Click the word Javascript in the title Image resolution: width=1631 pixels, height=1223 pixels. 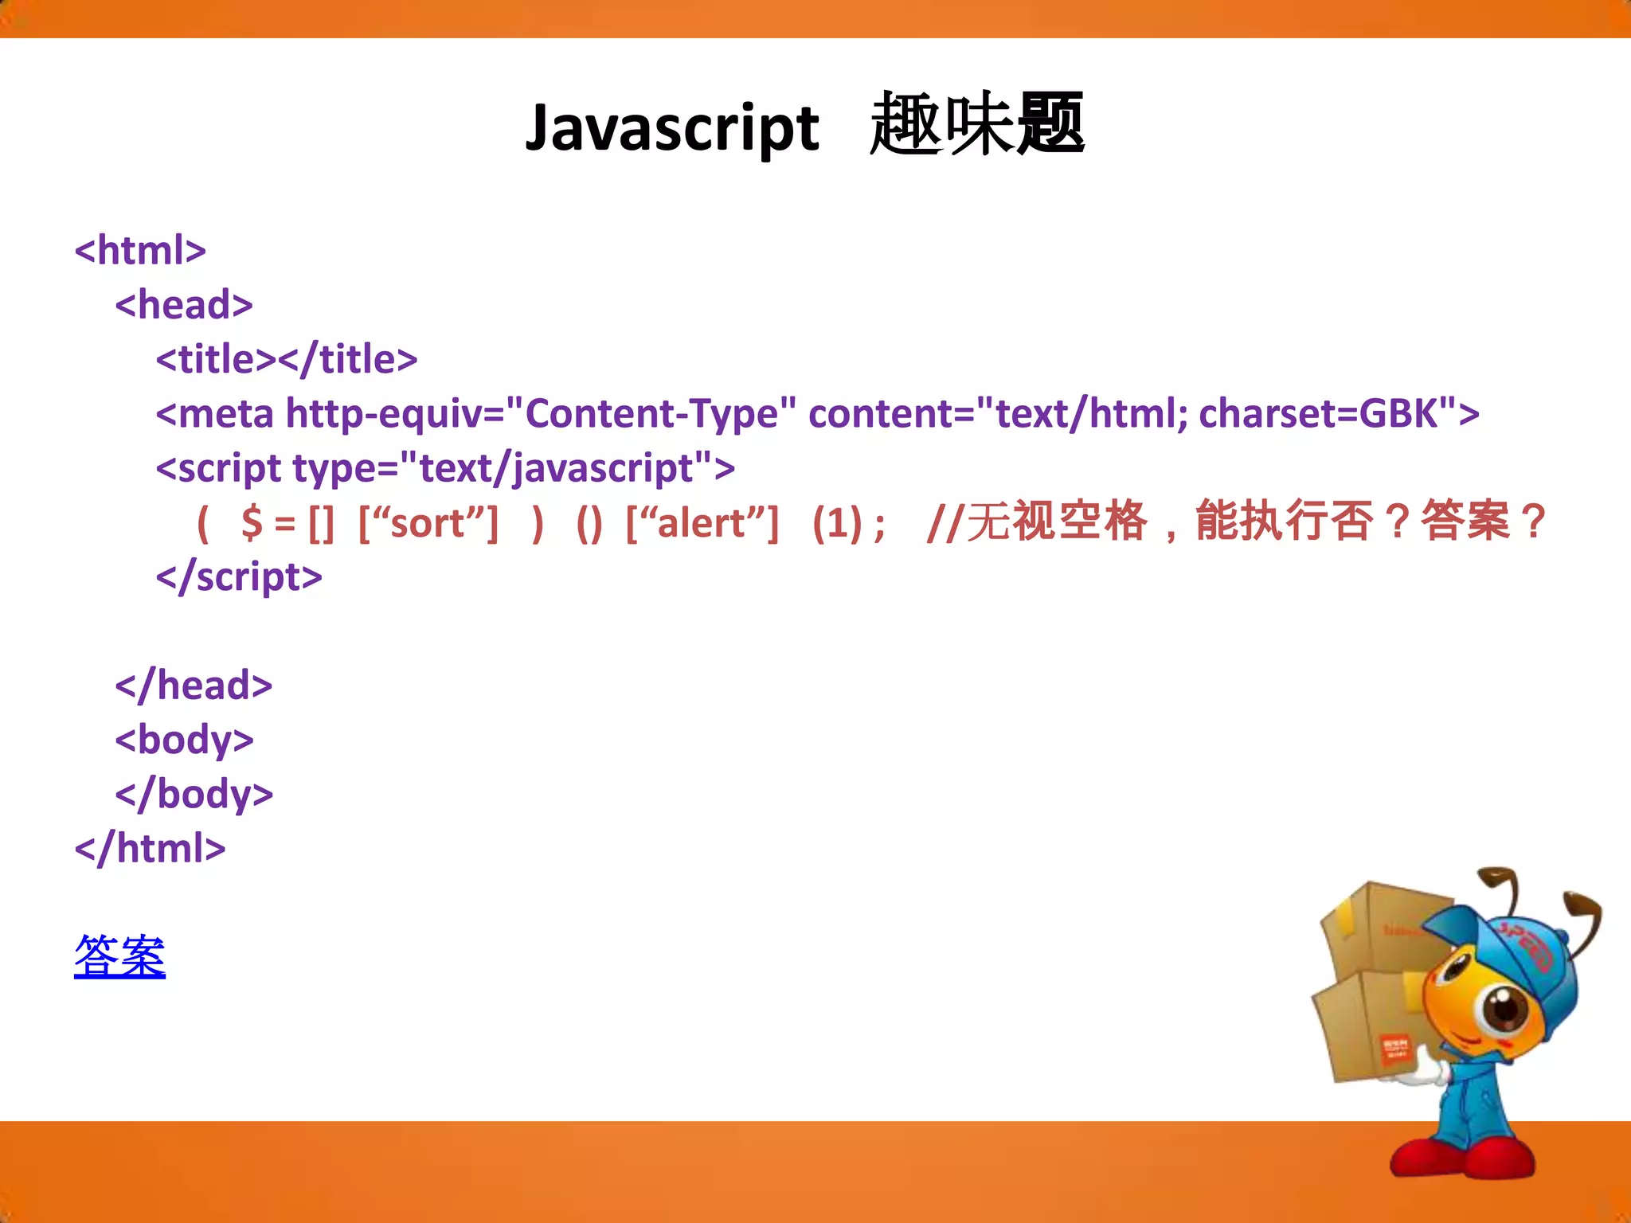(671, 128)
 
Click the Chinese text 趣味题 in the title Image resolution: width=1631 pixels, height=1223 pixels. (976, 125)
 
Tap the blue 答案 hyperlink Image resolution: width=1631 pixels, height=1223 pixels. (119, 955)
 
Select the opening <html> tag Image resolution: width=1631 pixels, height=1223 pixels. (140, 250)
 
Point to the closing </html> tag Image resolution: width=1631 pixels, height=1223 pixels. (150, 848)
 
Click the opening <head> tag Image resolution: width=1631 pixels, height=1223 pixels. (184, 305)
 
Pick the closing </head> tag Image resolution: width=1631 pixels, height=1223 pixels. (194, 686)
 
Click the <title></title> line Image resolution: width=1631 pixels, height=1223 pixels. (287, 359)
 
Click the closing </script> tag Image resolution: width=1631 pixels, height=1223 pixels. (239, 576)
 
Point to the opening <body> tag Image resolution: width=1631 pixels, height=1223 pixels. (184, 740)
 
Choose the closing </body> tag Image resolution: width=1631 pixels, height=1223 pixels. (194, 794)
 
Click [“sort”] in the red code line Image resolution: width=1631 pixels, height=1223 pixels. (428, 523)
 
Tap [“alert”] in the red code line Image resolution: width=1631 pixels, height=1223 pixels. (702, 523)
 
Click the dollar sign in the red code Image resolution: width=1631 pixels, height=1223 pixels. (252, 523)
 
